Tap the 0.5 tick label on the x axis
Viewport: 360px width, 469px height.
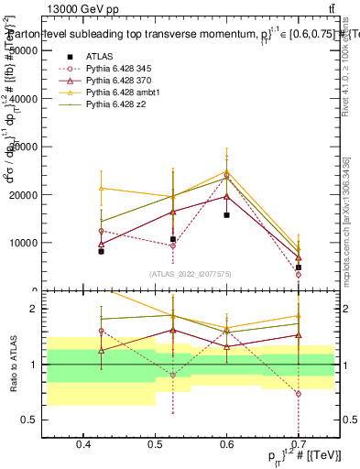point(155,444)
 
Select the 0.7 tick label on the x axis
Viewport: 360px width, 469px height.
point(298,444)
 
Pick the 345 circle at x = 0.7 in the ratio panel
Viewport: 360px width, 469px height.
point(298,394)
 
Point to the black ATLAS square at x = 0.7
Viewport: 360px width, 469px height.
point(298,267)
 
